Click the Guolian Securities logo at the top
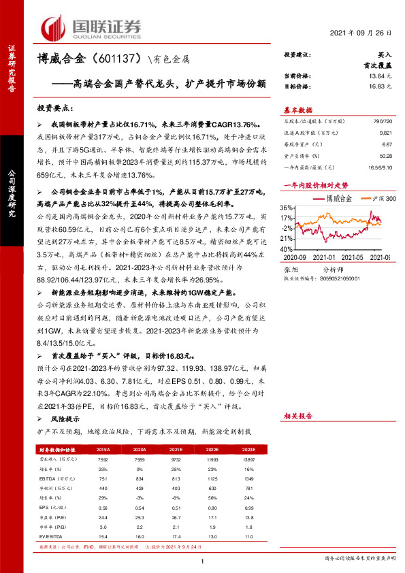(93, 27)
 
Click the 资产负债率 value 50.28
(385, 156)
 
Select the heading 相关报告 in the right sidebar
(297, 415)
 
